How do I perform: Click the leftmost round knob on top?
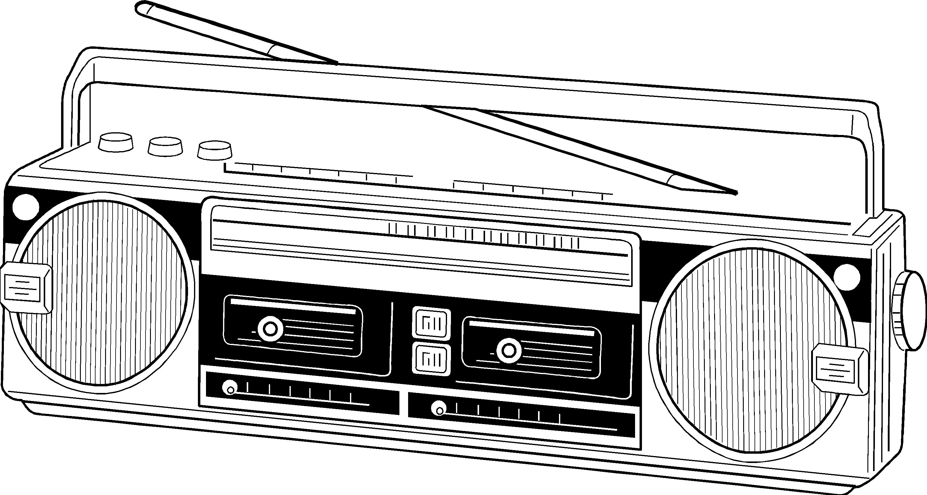pos(116,142)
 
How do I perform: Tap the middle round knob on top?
pos(165,146)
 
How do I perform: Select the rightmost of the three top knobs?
pos(214,150)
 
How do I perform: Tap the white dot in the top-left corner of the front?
pos(25,207)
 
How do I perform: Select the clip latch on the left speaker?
pos(26,288)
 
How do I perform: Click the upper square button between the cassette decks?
pos(431,323)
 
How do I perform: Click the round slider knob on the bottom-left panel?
pos(230,388)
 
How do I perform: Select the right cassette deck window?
pos(531,347)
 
